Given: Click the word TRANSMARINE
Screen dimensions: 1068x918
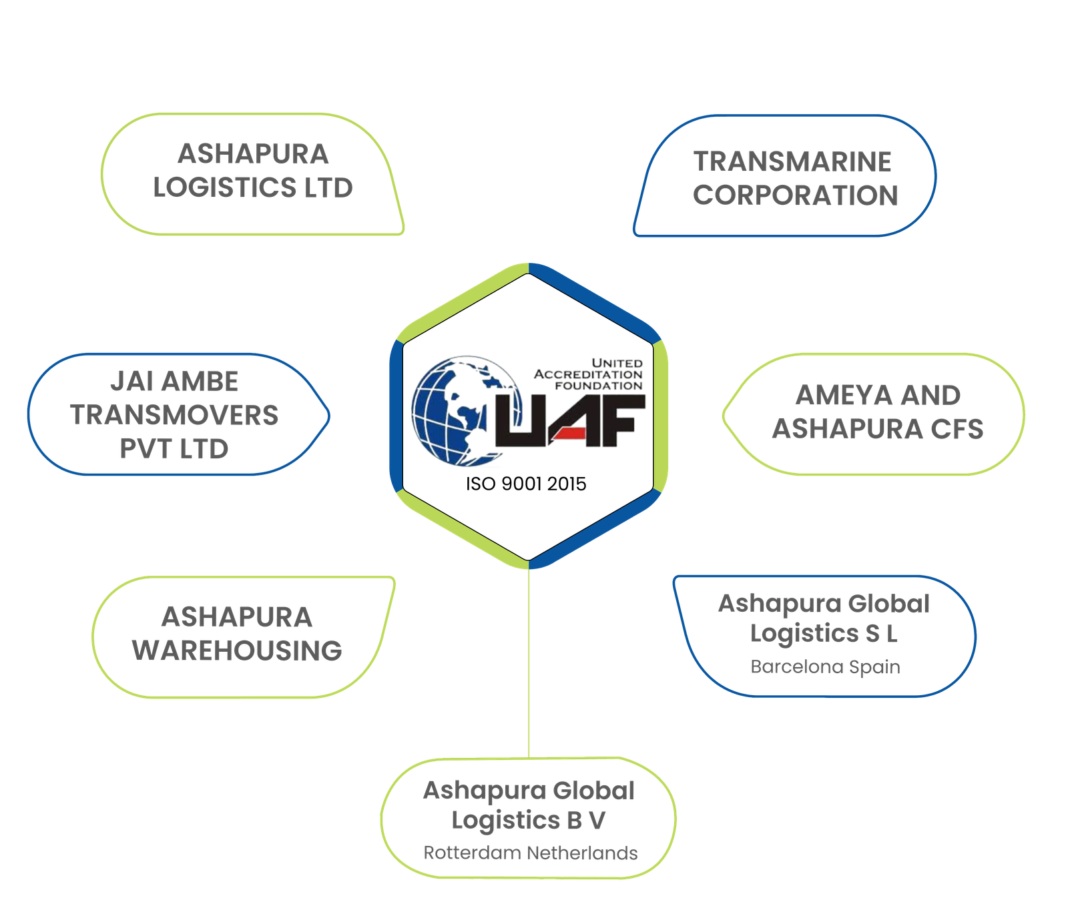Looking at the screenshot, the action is point(792,161).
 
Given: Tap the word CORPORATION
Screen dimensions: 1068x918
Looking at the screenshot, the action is point(795,195).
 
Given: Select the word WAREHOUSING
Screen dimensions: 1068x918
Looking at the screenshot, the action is point(237,651).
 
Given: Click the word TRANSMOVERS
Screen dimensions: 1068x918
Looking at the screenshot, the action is point(174,415).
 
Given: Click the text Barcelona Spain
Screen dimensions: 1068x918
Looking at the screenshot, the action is point(825,666).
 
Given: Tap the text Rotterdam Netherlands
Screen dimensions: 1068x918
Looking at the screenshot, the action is point(531,853).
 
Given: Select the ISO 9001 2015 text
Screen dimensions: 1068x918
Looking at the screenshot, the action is point(526,484).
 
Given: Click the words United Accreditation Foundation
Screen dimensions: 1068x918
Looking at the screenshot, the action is point(588,374).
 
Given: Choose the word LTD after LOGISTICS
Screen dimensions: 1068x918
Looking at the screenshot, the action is point(328,188).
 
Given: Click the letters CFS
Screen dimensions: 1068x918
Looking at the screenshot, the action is point(957,429).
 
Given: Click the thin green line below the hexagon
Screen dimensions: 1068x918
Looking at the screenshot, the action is point(529,663).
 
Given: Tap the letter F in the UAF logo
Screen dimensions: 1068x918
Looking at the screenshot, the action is point(620,420).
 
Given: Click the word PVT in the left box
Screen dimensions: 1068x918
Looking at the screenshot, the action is point(143,449).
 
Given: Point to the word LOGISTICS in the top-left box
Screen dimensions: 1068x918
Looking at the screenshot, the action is point(225,188).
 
